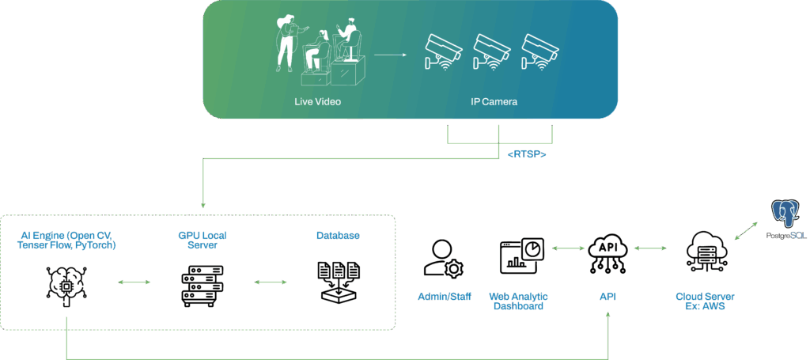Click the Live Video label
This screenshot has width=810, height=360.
(x=316, y=101)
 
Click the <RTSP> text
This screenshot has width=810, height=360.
(x=527, y=153)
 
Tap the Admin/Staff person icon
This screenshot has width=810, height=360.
(x=443, y=259)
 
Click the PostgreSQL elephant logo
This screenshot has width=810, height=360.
(x=786, y=215)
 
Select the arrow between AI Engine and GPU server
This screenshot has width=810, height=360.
(x=134, y=282)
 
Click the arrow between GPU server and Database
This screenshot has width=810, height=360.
(x=270, y=282)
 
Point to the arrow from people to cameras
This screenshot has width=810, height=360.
(x=392, y=55)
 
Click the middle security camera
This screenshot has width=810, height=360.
(x=491, y=50)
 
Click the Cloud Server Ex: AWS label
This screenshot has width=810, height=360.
(x=704, y=301)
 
